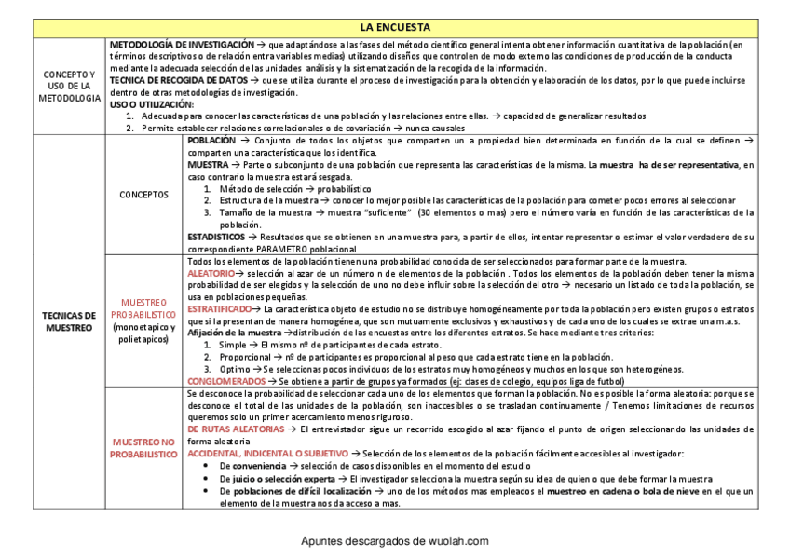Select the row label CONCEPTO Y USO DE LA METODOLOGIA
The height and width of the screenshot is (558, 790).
click(70, 86)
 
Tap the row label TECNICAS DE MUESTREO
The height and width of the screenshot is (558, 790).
click(70, 321)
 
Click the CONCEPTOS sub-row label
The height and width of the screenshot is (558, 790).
click(144, 195)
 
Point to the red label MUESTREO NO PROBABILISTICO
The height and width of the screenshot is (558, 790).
click(143, 447)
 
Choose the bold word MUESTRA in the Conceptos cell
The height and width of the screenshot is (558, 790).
click(208, 164)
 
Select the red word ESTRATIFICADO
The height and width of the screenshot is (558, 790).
click(220, 308)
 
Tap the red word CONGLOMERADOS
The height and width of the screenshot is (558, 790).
click(226, 381)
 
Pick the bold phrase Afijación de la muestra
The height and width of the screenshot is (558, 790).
click(234, 333)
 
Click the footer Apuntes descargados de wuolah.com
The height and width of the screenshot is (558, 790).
click(395, 541)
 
